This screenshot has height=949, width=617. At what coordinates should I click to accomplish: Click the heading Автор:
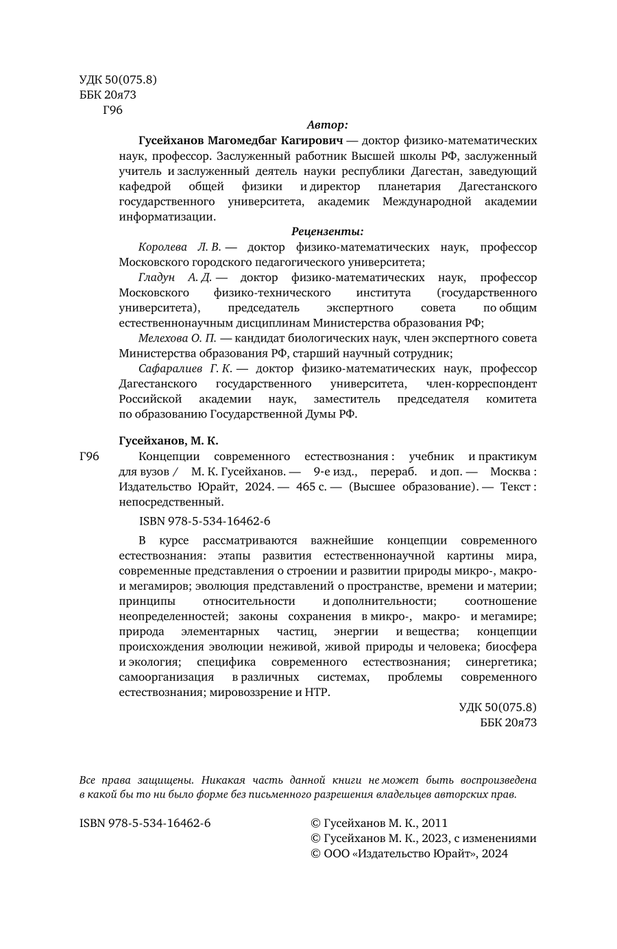coord(328,125)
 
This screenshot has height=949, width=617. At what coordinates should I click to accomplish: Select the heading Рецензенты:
coord(328,232)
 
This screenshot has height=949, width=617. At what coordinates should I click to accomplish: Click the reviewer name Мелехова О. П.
coord(177,338)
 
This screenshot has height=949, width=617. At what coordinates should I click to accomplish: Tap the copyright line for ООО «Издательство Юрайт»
coord(409,854)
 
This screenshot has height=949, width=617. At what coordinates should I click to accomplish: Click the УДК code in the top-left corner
coord(118,80)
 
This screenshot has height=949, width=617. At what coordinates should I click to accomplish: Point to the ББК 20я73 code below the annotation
coord(508,723)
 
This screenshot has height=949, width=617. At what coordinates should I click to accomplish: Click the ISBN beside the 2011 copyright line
coord(145,823)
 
